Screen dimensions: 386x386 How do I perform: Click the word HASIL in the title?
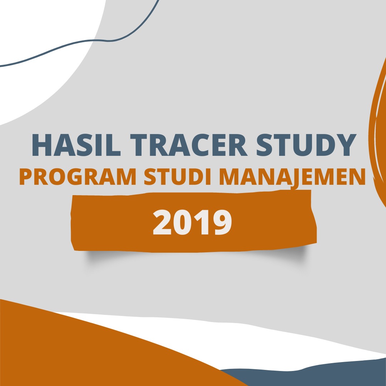[x=76, y=145]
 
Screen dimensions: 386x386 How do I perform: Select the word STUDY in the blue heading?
[x=307, y=145]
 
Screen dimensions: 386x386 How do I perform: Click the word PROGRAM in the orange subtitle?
[x=78, y=177]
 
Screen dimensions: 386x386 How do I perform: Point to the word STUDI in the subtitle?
[x=177, y=177]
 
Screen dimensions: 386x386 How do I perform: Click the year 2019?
[x=192, y=222]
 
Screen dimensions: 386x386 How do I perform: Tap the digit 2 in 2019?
[x=162, y=222]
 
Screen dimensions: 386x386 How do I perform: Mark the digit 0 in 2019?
[x=182, y=222]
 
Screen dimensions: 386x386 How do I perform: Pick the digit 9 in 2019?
[x=223, y=222]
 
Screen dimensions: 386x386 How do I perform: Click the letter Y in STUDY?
[x=347, y=145]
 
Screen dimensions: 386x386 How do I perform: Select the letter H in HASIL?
[x=42, y=145]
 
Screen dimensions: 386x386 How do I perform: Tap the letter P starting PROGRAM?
[x=26, y=177]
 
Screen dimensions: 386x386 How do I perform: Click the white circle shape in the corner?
[x=42, y=49]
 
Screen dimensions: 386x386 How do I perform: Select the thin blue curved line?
[x=94, y=40]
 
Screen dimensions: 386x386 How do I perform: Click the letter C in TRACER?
[x=201, y=145]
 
